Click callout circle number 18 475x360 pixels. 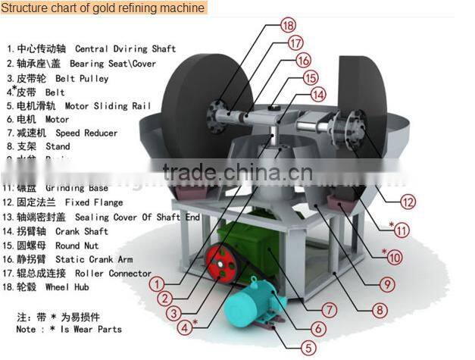287,25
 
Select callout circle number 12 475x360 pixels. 408,202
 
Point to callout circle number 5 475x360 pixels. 308,349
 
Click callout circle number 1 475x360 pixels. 157,284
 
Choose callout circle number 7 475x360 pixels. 330,310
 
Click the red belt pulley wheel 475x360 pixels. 220,265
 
